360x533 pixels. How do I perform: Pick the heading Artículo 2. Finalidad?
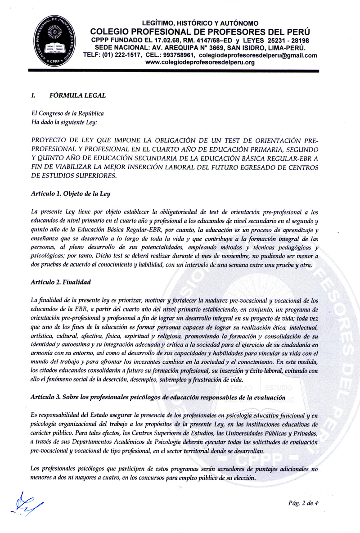(x=61, y=282)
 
